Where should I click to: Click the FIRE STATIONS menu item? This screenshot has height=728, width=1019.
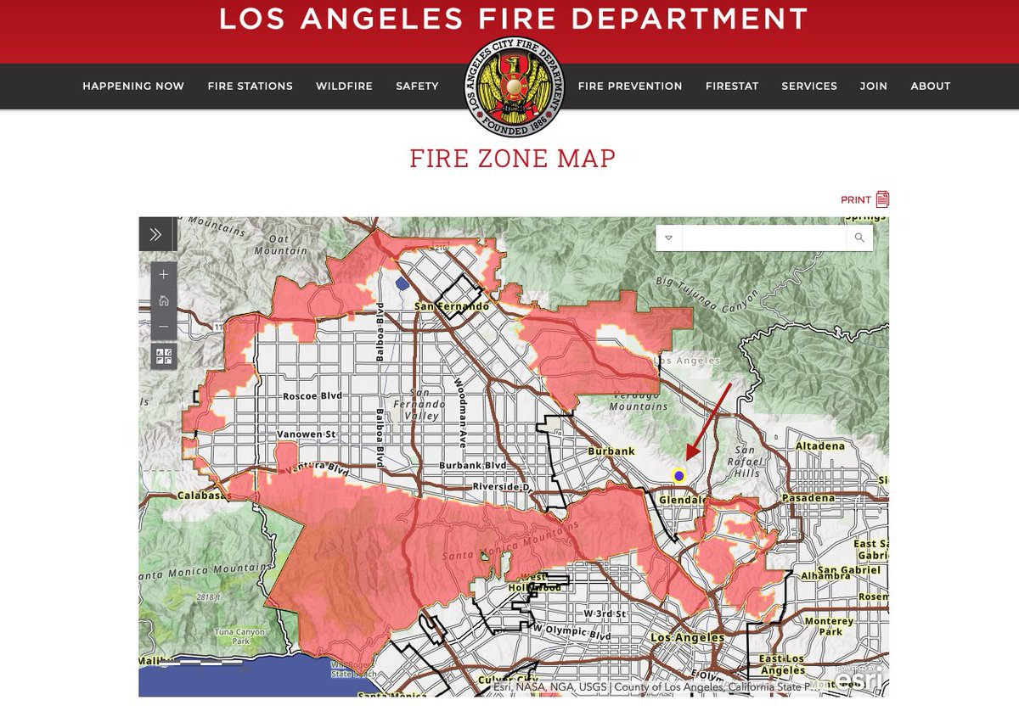point(250,86)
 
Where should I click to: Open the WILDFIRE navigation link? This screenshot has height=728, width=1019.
point(344,86)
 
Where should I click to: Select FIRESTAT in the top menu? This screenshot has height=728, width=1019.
point(731,86)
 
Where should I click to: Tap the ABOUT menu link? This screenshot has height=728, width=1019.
point(930,86)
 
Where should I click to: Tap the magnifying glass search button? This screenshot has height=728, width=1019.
point(859,238)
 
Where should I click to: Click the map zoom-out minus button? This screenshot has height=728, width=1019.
point(164,327)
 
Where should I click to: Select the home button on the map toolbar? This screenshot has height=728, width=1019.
point(164,300)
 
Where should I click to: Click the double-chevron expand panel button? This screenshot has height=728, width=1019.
point(155,234)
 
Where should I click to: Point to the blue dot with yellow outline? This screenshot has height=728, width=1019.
point(678,475)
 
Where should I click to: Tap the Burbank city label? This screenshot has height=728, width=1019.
point(611,451)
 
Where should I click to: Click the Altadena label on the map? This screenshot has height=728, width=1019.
point(820,445)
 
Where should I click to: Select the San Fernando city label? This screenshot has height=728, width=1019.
point(450,306)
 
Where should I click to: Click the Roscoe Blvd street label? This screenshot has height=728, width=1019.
point(311,396)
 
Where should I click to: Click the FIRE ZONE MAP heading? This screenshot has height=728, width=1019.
point(512,158)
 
